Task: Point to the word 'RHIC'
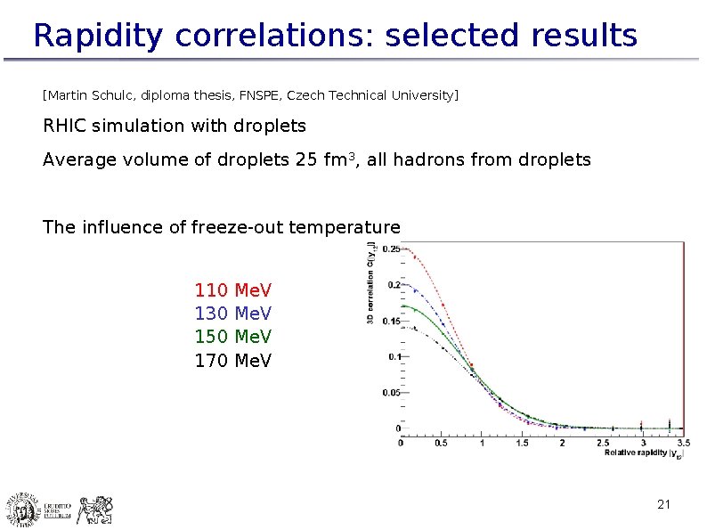(x=65, y=126)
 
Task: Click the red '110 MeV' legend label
(x=232, y=290)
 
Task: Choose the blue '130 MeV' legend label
(x=232, y=314)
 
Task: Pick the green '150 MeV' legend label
(x=232, y=337)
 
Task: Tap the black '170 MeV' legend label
(x=232, y=361)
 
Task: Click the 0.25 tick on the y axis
(x=390, y=249)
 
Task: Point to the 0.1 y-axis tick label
(x=393, y=356)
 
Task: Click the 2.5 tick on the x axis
(x=602, y=442)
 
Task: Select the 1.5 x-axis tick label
(x=522, y=442)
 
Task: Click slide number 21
(x=662, y=505)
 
